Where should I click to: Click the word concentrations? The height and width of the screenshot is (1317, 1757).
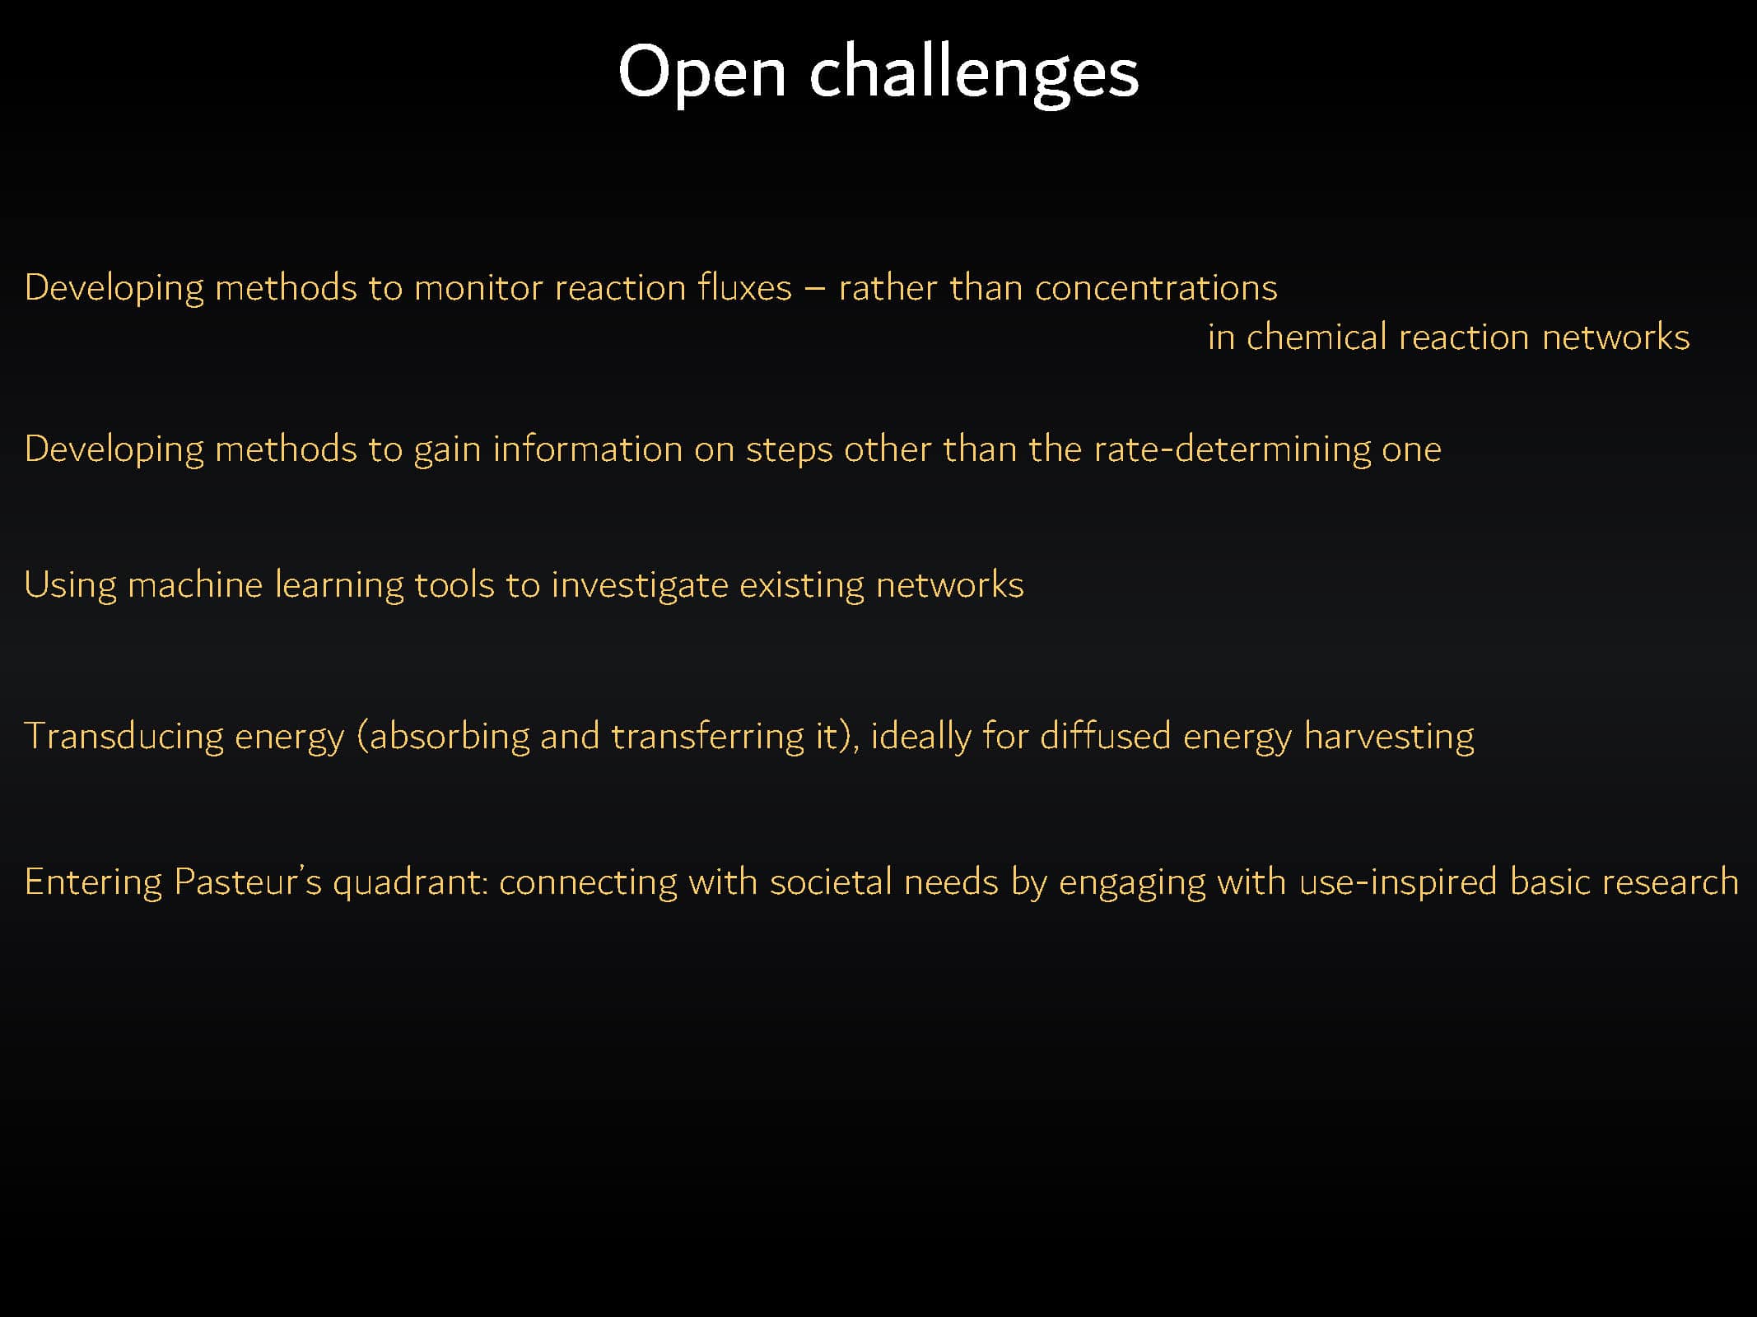click(1156, 288)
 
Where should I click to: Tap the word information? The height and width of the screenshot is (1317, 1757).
click(587, 449)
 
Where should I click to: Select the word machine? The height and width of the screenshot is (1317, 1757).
click(195, 584)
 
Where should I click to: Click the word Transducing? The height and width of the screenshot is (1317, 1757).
click(124, 737)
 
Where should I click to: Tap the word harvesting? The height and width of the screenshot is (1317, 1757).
click(1389, 737)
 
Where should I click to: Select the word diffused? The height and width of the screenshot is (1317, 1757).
click(1105, 735)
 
